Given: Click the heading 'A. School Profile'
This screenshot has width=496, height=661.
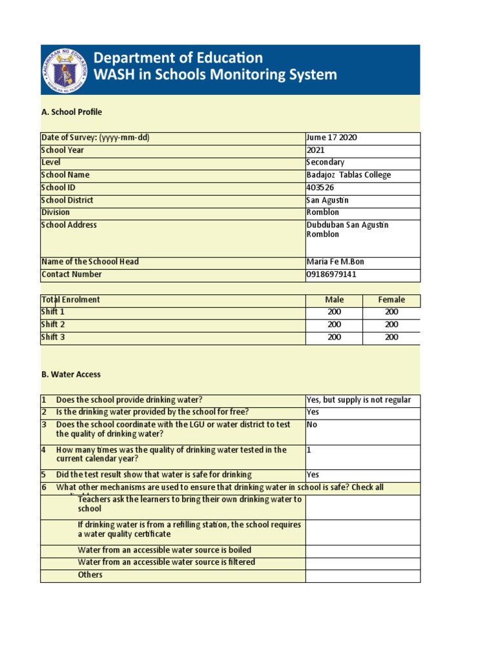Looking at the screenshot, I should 72,112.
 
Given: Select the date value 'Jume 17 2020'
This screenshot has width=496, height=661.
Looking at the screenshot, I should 332,138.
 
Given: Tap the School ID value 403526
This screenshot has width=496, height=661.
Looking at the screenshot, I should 320,188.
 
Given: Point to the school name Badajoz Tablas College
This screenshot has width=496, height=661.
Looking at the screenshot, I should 348,175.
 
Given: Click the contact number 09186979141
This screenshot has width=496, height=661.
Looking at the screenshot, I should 331,274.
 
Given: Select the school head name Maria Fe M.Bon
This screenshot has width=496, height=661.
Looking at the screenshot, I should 335,262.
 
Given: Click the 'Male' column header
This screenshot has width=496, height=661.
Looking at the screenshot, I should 335,300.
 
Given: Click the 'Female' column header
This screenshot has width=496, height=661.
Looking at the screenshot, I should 391,300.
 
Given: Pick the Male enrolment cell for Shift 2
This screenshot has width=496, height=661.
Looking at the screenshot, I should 335,325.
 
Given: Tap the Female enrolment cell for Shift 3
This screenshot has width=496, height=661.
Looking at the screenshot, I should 391,337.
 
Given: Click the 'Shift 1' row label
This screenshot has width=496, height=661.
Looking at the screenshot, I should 53,312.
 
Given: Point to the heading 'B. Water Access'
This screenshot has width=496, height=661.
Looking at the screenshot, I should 71,374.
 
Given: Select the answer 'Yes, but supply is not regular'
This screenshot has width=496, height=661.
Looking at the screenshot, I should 358,400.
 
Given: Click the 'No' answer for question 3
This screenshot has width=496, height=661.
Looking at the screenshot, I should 312,425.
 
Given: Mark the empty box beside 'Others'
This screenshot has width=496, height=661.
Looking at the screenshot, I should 362,576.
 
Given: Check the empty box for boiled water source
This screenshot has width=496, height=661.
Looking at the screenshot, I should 362,551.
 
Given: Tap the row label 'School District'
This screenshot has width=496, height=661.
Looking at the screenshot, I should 67,200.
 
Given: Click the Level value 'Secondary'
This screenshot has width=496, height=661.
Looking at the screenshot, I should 325,163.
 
